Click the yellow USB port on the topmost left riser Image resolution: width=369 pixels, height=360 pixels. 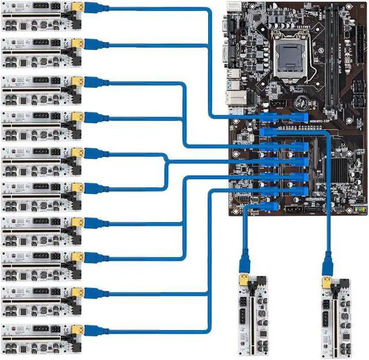coord(78,7)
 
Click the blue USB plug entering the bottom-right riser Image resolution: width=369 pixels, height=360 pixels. coord(327,266)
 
